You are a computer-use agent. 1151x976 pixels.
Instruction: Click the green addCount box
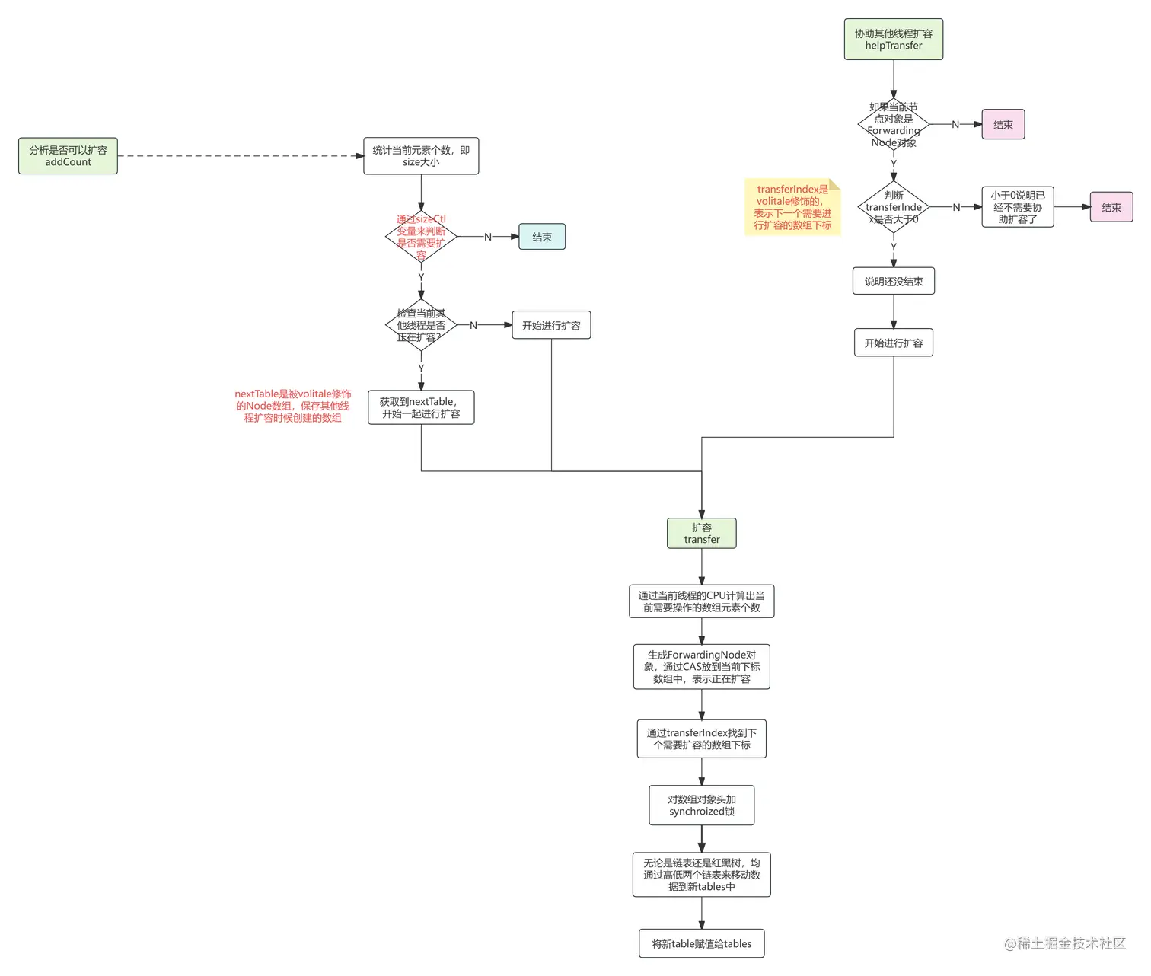68,156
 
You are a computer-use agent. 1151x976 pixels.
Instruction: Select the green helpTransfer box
893,40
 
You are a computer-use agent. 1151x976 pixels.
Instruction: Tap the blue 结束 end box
542,237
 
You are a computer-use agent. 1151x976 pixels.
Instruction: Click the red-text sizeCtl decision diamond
421,237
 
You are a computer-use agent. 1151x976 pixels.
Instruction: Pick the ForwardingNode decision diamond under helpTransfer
893,124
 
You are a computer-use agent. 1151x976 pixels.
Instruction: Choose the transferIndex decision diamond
893,207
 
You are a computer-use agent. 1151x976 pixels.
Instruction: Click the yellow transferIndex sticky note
792,207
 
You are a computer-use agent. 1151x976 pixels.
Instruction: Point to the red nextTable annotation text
293,406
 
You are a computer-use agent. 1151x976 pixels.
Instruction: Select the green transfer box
701,533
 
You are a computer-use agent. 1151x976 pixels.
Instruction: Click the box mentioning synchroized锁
701,805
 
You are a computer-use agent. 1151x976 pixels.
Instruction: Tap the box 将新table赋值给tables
701,944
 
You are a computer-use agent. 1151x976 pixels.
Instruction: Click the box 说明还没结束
893,282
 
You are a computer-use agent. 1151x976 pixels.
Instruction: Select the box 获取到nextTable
421,407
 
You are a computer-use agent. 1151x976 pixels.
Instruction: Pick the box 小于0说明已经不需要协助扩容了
1017,207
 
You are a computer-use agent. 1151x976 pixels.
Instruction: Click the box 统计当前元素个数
421,156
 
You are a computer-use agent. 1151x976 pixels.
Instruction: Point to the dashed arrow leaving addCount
240,156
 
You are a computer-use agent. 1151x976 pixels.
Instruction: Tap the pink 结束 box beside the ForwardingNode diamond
1003,124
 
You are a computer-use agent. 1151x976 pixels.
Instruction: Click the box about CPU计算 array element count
701,601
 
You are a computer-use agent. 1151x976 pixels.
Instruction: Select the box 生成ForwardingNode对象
701,667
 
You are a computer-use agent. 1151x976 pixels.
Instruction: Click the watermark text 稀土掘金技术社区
1066,944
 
